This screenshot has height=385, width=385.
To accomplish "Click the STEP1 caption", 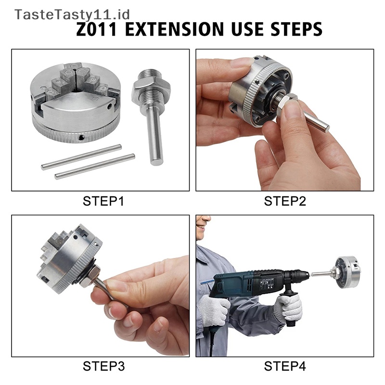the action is pyautogui.click(x=103, y=201).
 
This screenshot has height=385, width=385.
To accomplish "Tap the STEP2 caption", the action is pyautogui.click(x=285, y=201).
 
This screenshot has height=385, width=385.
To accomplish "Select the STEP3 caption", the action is pyautogui.click(x=103, y=366).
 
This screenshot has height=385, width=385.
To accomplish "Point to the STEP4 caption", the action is pyautogui.click(x=285, y=366).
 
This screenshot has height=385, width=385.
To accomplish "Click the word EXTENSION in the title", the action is pyautogui.click(x=174, y=29).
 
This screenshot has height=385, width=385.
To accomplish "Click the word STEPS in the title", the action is pyautogui.click(x=296, y=29).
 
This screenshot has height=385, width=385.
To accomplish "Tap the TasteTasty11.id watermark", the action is pyautogui.click(x=72, y=14).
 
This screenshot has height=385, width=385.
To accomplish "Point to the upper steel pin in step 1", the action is pyautogui.click(x=81, y=157).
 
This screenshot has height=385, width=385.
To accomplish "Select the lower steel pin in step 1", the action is pyautogui.click(x=95, y=167).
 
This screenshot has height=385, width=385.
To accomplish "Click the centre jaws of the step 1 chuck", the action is pyautogui.click(x=76, y=78).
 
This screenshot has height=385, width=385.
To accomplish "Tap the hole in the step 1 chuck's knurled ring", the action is pyautogui.click(x=81, y=138).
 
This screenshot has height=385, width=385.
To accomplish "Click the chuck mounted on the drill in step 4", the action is pyautogui.click(x=348, y=272).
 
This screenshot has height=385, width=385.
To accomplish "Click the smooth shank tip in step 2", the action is pyautogui.click(x=326, y=128).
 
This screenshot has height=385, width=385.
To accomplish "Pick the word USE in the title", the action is pyautogui.click(x=247, y=29).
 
